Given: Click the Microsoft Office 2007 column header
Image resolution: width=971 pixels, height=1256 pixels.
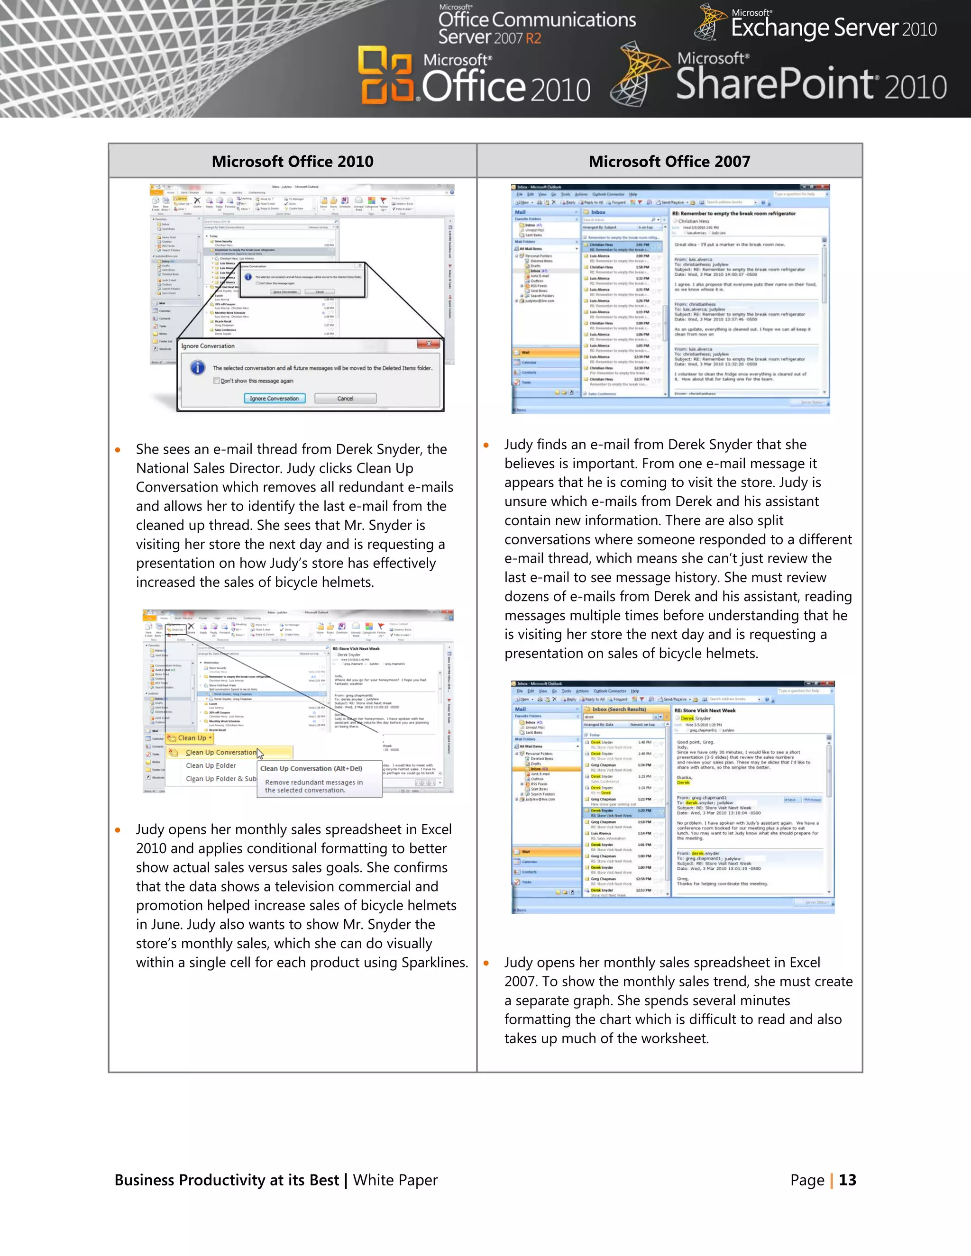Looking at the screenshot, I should click(669, 162).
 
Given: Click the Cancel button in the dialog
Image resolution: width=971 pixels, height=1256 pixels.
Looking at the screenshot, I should click(345, 399).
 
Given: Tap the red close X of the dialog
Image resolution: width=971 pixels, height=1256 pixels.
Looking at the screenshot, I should click(429, 344).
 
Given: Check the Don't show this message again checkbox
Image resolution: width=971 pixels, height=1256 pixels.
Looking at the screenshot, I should click(217, 381).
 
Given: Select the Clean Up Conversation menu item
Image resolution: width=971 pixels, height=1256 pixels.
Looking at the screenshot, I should click(221, 752).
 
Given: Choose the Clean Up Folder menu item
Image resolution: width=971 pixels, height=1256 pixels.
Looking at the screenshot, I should click(211, 765).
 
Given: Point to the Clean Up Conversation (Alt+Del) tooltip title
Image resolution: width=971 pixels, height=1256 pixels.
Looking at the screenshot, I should click(311, 768).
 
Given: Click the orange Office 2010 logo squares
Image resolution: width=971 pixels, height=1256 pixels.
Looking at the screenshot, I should click(385, 75).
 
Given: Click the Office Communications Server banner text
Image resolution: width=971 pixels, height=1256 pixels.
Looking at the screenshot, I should click(536, 27).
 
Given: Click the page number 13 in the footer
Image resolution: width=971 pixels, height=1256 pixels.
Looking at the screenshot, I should click(847, 1180).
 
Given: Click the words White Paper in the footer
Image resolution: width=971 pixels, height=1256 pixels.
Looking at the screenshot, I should click(395, 1180).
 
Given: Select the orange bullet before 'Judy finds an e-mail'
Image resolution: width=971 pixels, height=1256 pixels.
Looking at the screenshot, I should click(486, 445).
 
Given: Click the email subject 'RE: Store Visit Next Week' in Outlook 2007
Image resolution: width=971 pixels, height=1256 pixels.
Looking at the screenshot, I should click(705, 710).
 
